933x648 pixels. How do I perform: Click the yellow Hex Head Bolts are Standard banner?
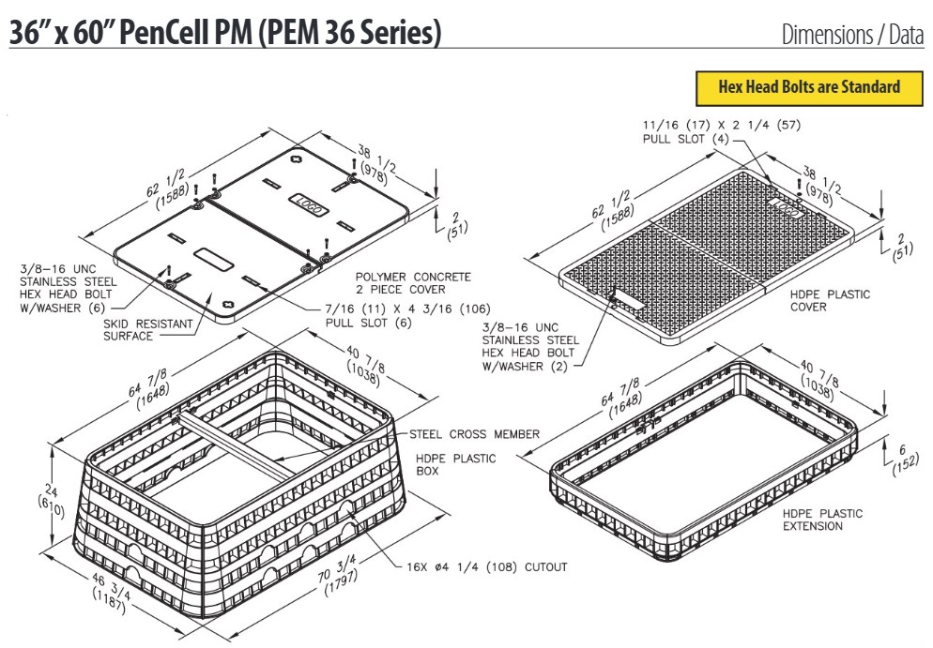[x=809, y=88]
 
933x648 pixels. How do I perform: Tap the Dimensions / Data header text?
[x=852, y=35]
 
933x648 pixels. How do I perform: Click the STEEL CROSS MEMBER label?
[x=474, y=434]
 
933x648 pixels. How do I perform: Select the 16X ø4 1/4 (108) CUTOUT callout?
[x=486, y=567]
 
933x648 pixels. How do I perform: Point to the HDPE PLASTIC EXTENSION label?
[x=821, y=520]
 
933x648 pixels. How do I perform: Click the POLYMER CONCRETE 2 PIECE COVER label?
[x=413, y=283]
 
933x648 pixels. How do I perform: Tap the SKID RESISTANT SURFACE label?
[x=148, y=330]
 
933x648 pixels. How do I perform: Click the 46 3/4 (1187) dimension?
[x=111, y=593]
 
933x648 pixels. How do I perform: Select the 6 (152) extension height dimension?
[x=905, y=459]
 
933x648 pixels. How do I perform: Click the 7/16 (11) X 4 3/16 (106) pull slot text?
[x=407, y=316]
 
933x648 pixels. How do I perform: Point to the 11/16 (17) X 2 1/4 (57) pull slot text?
[x=721, y=131]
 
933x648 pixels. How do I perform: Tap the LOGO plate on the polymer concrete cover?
[x=308, y=203]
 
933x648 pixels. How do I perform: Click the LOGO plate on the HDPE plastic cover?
[x=787, y=208]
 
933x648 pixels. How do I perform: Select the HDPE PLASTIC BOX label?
[x=455, y=464]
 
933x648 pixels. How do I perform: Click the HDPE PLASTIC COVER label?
[x=830, y=300]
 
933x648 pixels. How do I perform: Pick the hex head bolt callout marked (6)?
[x=69, y=288]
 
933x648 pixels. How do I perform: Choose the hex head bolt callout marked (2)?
[x=530, y=347]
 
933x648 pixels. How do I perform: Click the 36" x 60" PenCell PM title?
[x=225, y=32]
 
